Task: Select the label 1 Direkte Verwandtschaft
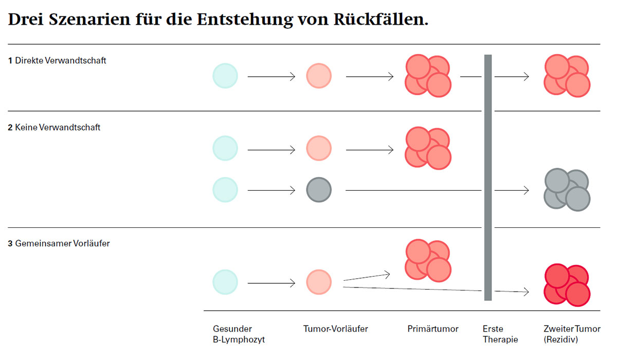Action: (57, 61)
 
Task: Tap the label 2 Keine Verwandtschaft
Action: (54, 128)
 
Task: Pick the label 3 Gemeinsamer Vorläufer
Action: (59, 244)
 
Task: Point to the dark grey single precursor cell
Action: (319, 190)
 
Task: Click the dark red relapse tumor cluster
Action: (567, 285)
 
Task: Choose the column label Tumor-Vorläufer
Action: (336, 329)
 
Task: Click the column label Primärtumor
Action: (433, 329)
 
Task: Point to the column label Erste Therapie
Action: (500, 334)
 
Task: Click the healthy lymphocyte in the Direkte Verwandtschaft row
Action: (225, 76)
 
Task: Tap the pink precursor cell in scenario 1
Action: (319, 76)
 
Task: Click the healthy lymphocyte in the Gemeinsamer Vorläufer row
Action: (225, 282)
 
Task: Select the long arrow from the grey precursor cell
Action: (437, 190)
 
